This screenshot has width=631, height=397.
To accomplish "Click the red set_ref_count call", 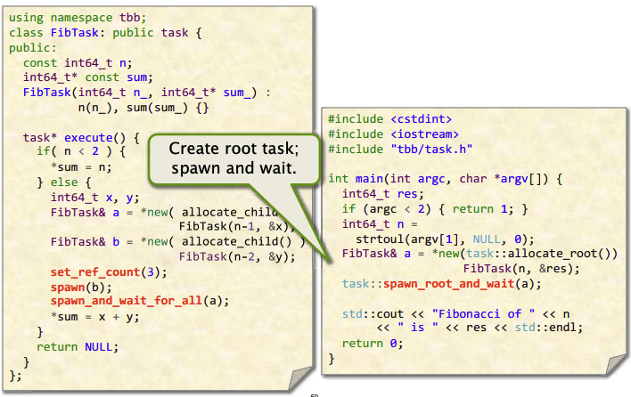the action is [x=95, y=272].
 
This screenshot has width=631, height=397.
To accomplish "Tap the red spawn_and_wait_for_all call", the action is [x=127, y=301].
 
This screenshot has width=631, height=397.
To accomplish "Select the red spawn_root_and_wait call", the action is [x=448, y=284].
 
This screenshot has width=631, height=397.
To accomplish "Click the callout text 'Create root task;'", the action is [x=234, y=149].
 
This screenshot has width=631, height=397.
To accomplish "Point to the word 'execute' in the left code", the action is [x=88, y=137].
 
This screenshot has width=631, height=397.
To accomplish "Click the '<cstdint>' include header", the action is [x=421, y=119].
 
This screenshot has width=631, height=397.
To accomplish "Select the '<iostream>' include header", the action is [x=424, y=134].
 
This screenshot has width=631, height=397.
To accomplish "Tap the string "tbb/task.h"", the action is [x=431, y=149].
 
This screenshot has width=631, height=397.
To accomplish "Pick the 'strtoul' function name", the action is [x=380, y=239].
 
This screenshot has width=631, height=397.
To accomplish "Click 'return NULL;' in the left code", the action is [x=78, y=347].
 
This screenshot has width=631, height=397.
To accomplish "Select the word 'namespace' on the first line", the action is [x=82, y=18].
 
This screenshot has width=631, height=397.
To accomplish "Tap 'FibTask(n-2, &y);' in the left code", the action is [x=237, y=256].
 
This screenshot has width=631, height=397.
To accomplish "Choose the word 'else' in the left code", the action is [x=64, y=182].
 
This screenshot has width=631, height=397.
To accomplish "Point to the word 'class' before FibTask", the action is [x=26, y=33].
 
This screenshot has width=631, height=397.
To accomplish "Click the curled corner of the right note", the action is [x=615, y=365].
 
